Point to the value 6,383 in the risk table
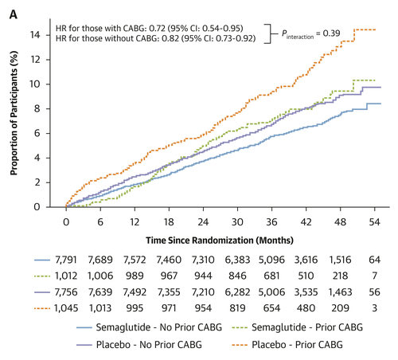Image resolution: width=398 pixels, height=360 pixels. click(236, 260)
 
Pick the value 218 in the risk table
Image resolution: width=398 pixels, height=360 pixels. click(339, 275)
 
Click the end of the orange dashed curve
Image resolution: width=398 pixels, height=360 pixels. click(376, 29)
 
